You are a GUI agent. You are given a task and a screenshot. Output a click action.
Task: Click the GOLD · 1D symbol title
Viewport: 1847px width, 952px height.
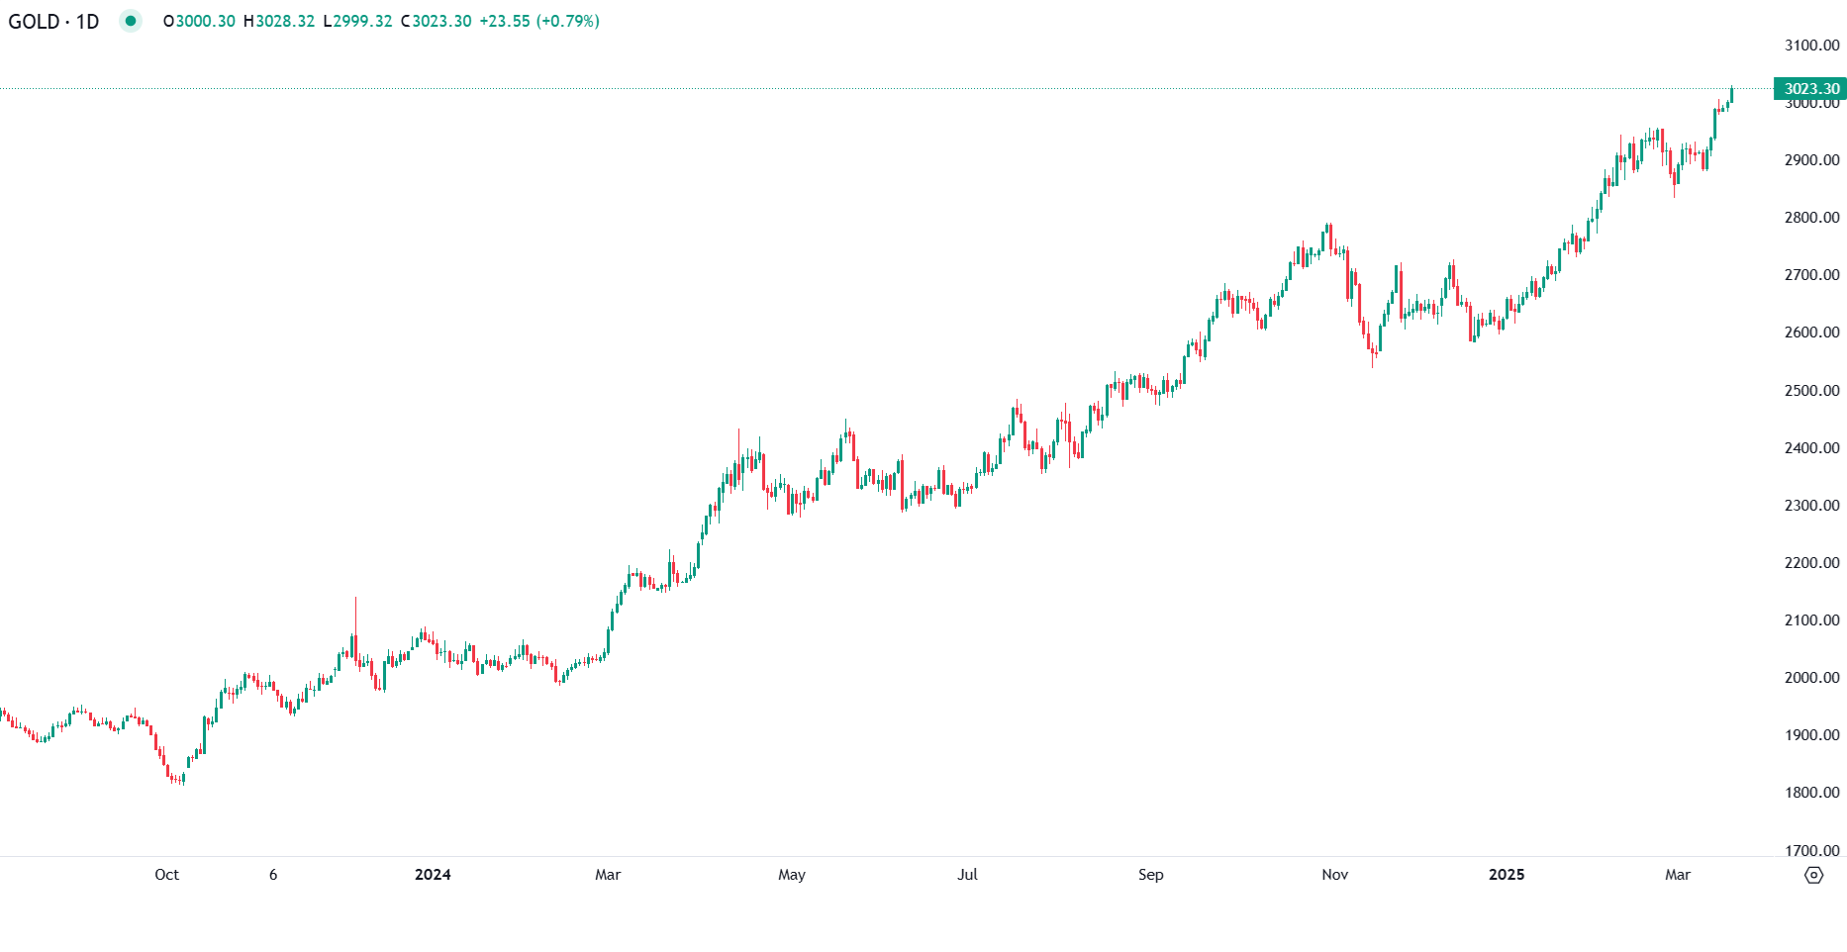(53, 21)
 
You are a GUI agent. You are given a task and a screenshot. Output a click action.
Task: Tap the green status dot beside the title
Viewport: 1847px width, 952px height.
(131, 21)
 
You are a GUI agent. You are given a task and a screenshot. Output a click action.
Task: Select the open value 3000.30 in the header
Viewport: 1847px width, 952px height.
(205, 21)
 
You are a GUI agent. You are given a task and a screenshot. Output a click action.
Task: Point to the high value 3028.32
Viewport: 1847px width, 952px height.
(285, 21)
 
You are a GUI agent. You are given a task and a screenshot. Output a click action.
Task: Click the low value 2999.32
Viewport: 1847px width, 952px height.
(362, 21)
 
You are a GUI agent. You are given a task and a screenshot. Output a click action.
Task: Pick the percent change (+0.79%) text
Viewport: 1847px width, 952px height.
(567, 21)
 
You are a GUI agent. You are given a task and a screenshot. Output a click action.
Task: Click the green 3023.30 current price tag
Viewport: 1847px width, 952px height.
(1810, 89)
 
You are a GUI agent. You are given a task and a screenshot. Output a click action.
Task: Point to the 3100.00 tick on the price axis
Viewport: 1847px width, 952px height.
(1811, 46)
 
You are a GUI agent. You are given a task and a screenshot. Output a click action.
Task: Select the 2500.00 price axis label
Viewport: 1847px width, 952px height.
(1811, 391)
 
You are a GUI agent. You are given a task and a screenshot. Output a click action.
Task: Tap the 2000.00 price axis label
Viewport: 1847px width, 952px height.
(1811, 678)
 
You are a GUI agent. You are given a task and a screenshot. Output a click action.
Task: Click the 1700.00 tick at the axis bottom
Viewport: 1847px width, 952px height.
(1811, 850)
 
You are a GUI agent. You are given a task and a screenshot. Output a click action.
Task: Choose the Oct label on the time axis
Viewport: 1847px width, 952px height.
(166, 875)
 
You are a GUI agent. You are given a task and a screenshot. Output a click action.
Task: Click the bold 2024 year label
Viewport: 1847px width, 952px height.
(433, 875)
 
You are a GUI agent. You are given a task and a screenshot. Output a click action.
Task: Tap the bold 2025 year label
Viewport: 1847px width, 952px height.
(1507, 875)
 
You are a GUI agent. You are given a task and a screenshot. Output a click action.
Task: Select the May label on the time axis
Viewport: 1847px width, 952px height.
(792, 875)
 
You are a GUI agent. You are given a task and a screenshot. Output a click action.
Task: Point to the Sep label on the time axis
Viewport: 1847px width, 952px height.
(1150, 875)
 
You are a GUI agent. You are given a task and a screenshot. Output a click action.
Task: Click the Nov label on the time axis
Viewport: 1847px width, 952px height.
(1334, 875)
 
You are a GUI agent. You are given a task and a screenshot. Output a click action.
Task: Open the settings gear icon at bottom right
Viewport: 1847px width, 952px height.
(1813, 875)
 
